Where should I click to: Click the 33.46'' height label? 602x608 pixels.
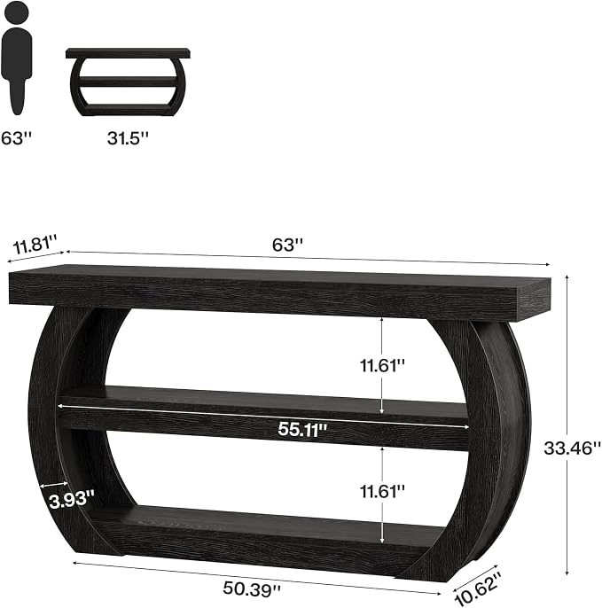pos(572,448)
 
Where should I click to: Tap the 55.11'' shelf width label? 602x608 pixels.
pos(302,429)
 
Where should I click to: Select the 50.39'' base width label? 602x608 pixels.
pos(252,589)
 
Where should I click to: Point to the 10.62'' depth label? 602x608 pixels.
pos(476,588)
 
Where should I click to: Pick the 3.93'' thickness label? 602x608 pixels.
pos(72,500)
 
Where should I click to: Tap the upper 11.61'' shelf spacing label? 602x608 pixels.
pos(382,365)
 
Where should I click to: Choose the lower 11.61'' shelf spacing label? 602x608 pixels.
pos(382,492)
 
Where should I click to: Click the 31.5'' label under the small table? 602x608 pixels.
pos(128,138)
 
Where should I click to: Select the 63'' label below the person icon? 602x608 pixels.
pos(16,138)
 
